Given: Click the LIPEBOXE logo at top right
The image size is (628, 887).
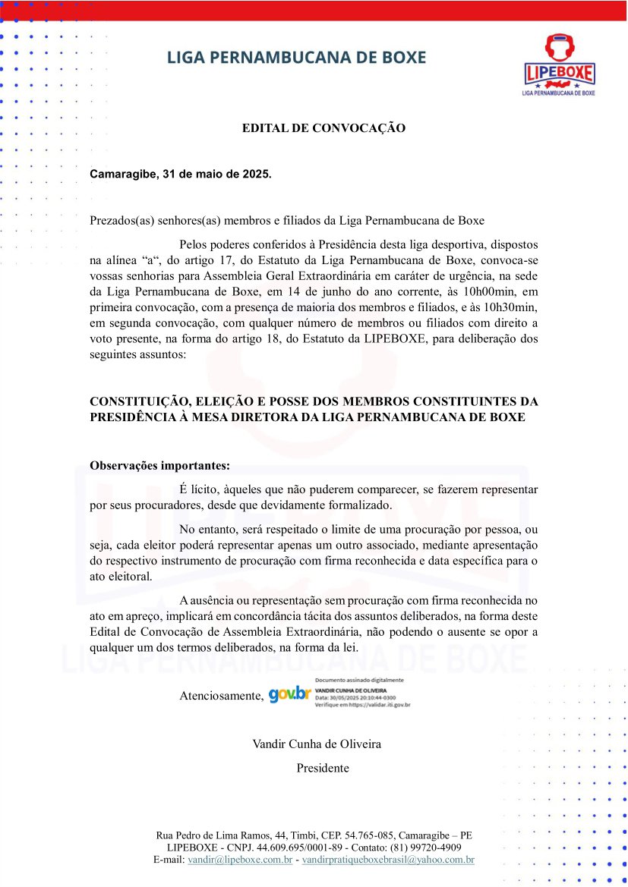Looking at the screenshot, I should coord(559,65).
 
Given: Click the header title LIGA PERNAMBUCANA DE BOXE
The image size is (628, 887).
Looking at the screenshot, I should coord(296,58).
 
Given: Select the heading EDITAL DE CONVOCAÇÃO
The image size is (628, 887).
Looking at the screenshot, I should coord(323,128).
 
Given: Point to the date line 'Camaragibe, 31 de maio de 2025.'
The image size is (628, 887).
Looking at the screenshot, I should coord(180,174).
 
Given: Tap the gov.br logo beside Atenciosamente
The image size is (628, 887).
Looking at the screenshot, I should coord(290,694).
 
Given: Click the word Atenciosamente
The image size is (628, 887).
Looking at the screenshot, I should coord(221,696).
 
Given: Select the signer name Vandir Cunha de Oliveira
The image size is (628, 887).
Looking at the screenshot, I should coord(317,744).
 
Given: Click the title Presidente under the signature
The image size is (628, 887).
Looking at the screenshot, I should coord(323,768).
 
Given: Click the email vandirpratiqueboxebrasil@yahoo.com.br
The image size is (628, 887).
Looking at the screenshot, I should coord(388,860).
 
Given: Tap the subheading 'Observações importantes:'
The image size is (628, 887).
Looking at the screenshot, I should coord(159,465).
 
